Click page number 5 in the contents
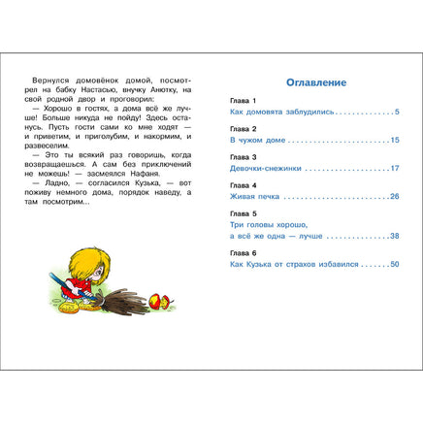(396, 113)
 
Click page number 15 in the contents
(394, 141)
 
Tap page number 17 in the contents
(394, 169)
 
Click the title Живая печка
(241, 196)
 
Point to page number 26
(394, 196)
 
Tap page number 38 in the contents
(394, 236)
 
